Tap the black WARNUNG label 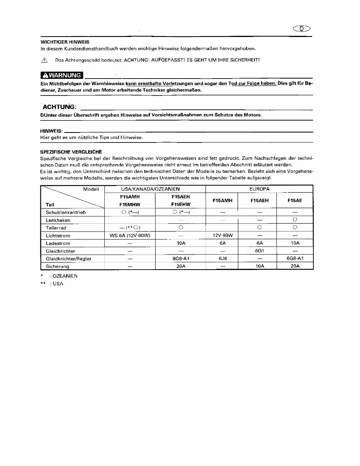pos(62,75)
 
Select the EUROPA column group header pos(259,189)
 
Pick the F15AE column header pos(295,201)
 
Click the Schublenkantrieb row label pos(65,212)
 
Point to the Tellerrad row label pos(56,228)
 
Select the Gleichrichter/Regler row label pos(69,258)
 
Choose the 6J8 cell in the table pos(222,258)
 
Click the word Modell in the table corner pos(91,189)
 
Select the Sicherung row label pos(57,266)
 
